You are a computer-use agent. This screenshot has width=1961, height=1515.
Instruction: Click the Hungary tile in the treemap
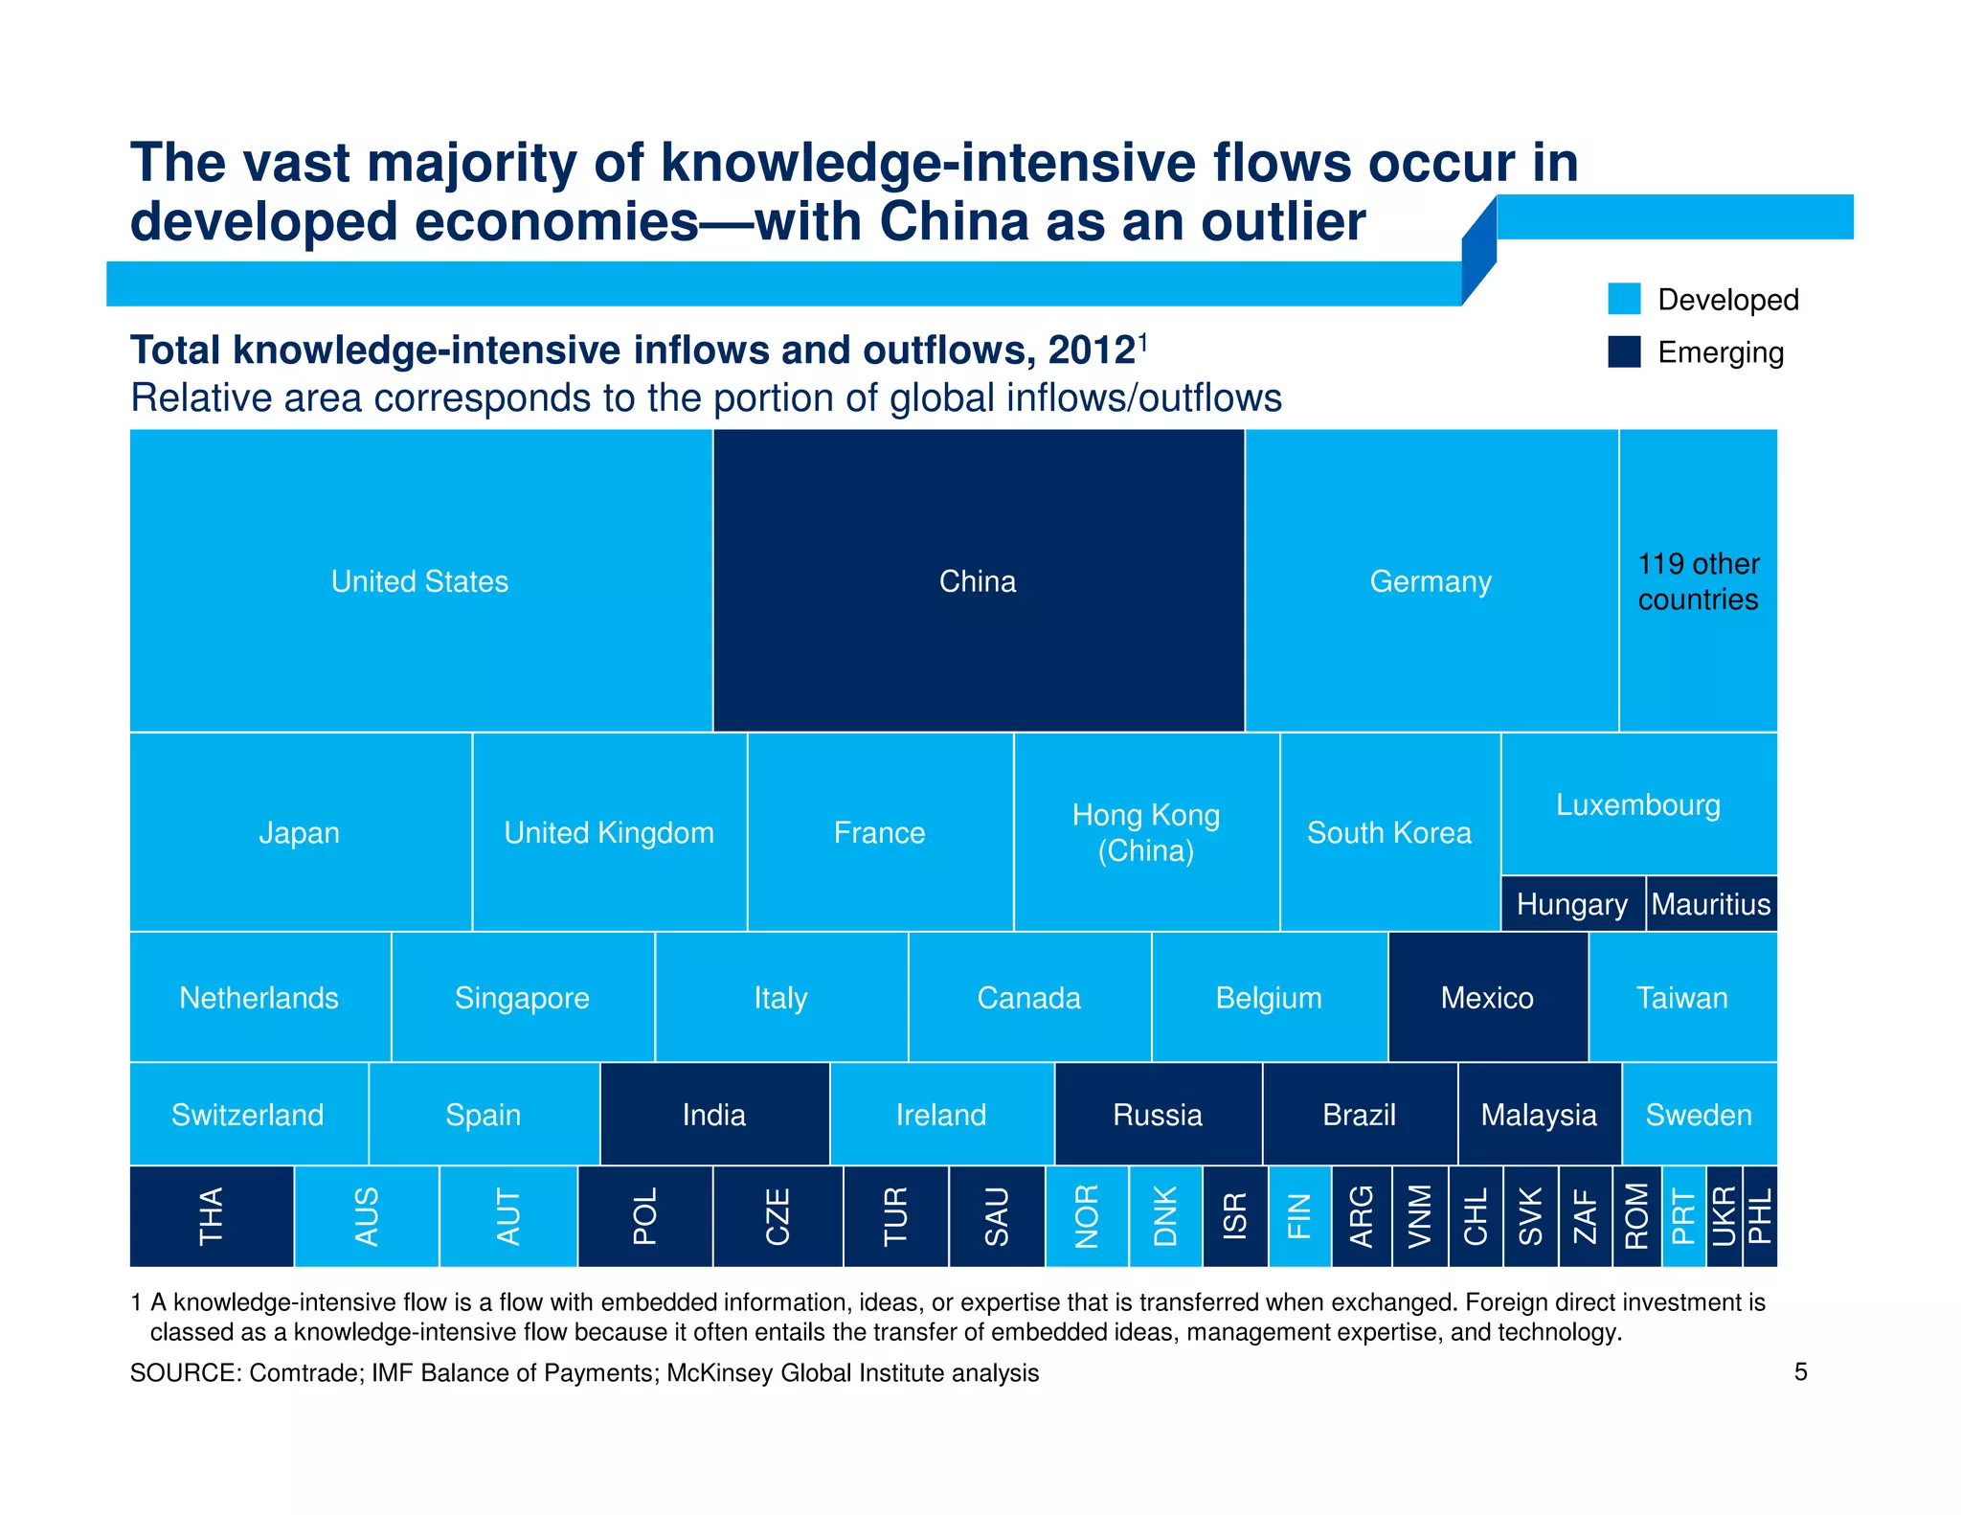(1572, 904)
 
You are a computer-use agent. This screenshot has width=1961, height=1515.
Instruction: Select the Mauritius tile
(1711, 904)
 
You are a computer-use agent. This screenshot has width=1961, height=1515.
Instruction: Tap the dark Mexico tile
(1487, 998)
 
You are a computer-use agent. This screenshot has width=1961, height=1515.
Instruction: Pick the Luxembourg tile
(1638, 804)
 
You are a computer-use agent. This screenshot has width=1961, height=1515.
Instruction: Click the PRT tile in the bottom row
(1683, 1216)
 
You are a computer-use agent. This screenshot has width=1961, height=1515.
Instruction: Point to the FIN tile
(1299, 1216)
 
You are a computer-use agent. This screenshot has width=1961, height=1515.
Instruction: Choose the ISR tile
(1235, 1216)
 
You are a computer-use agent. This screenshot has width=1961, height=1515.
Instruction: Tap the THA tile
(212, 1216)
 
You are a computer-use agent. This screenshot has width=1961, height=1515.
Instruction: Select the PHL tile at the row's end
(1760, 1216)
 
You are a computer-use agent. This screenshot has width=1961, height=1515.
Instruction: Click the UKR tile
(1724, 1216)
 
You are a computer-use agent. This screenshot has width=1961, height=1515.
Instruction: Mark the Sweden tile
(1699, 1115)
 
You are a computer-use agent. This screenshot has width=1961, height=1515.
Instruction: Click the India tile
(714, 1115)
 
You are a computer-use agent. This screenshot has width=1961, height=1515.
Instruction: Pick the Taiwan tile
(1682, 998)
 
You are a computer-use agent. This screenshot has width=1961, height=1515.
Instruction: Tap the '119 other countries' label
(1698, 581)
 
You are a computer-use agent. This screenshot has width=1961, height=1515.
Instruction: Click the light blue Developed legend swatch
(1624, 299)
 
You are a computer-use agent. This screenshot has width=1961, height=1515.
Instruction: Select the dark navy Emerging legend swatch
(1624, 351)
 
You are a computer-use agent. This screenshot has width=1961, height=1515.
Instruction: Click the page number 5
(1800, 1372)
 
